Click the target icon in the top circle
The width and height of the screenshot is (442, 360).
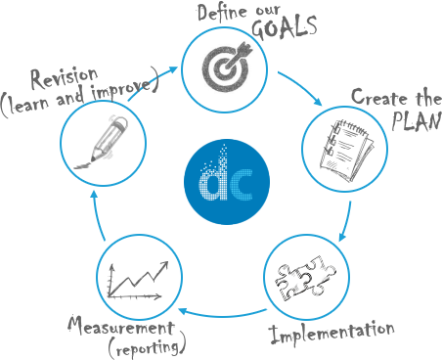click(x=225, y=64)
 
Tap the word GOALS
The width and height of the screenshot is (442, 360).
click(x=284, y=26)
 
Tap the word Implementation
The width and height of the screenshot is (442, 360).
click(x=331, y=333)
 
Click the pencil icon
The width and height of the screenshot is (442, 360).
click(x=102, y=143)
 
